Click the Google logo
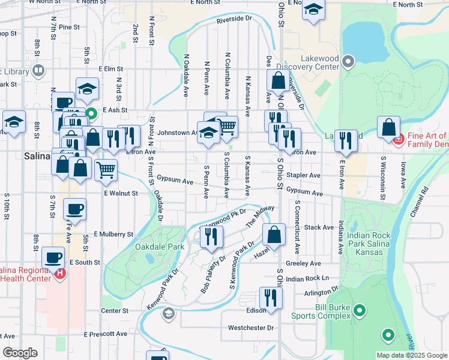pyautogui.click(x=20, y=353)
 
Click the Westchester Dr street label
pyautogui.click(x=251, y=328)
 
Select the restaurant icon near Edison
pyautogui.click(x=271, y=298)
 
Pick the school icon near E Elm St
pyautogui.click(x=87, y=89)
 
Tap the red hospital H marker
pyautogui.click(x=59, y=274)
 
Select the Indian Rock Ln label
pyautogui.click(x=308, y=279)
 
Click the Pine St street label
pyautogui.click(x=70, y=27)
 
